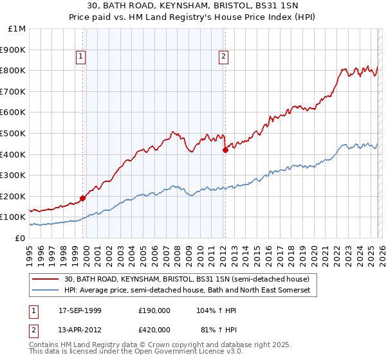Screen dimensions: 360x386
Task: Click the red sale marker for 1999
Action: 83,198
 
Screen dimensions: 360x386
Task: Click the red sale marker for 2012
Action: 225,150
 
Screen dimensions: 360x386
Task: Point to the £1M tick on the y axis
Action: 17,29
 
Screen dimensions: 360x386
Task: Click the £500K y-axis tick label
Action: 14,134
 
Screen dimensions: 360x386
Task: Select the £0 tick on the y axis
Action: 19,238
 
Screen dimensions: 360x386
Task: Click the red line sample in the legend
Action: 46,279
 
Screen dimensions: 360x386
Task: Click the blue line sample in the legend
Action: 46,291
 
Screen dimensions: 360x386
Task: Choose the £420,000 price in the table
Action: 154,329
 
